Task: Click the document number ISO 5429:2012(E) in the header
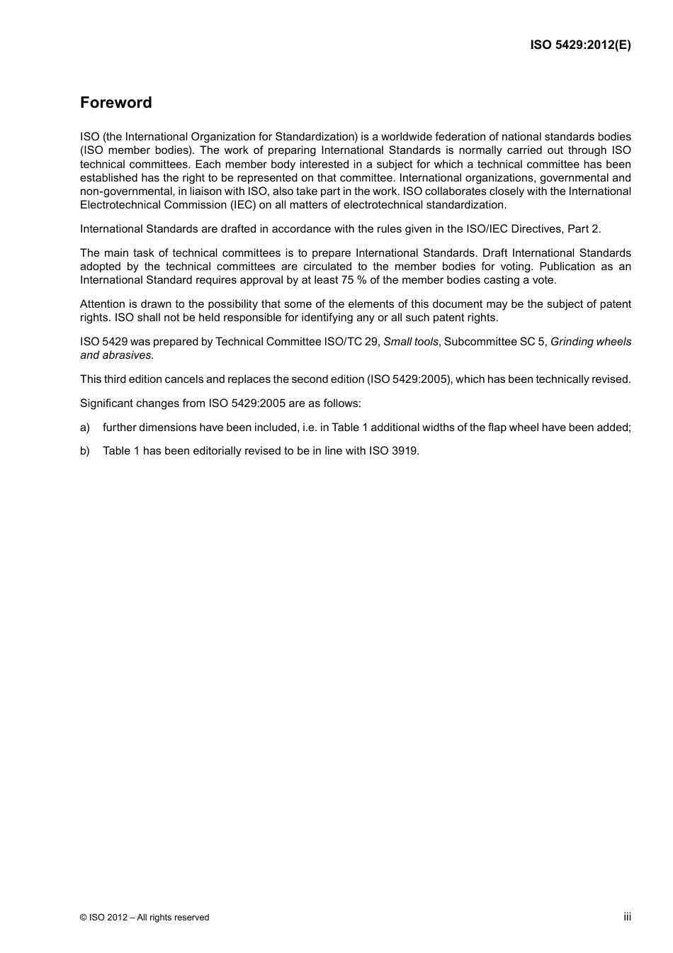580,45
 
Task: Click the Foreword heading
115,103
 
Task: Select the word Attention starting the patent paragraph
103,304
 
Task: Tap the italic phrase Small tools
410,342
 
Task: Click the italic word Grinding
572,342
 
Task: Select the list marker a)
85,428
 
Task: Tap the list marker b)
85,451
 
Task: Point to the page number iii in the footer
627,917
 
